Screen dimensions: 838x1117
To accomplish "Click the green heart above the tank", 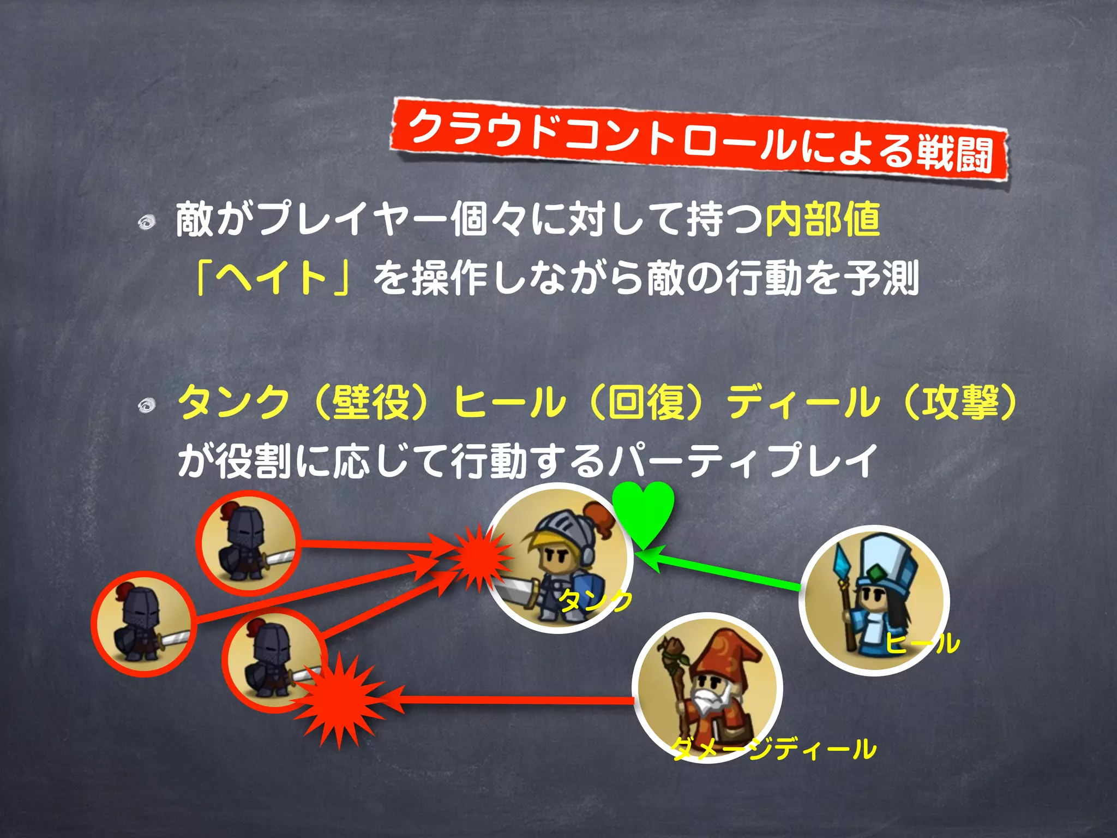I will (x=643, y=510).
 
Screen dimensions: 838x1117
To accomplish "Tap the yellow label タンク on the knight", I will (x=596, y=601).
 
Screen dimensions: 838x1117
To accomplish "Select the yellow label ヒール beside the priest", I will (x=922, y=643).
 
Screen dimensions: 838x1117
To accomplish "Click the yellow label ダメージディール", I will (x=773, y=749).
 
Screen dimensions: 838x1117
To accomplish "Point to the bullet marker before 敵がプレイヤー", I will (x=146, y=222).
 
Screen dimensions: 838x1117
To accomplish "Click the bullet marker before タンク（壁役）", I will (x=146, y=405).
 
